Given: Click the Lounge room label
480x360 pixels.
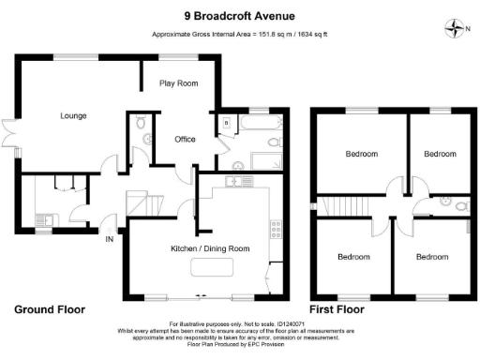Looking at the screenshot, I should tap(73, 116).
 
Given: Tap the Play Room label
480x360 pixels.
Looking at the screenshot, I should tap(178, 83).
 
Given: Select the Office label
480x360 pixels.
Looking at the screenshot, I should tap(185, 140).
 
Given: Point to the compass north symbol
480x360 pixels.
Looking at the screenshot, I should tap(455, 27).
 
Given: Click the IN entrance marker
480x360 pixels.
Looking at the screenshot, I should tap(108, 239).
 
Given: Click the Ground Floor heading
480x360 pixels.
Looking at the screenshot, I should tap(50, 308).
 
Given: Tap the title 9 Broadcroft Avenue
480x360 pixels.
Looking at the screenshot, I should tap(239, 14).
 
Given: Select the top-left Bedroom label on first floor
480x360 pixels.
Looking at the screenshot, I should tap(361, 154).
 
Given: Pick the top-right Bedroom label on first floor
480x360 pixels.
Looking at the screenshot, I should tap(438, 154).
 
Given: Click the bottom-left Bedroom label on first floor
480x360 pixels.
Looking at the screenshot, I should tap(353, 256).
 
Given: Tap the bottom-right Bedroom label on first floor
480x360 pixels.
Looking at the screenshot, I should tap(432, 256).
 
